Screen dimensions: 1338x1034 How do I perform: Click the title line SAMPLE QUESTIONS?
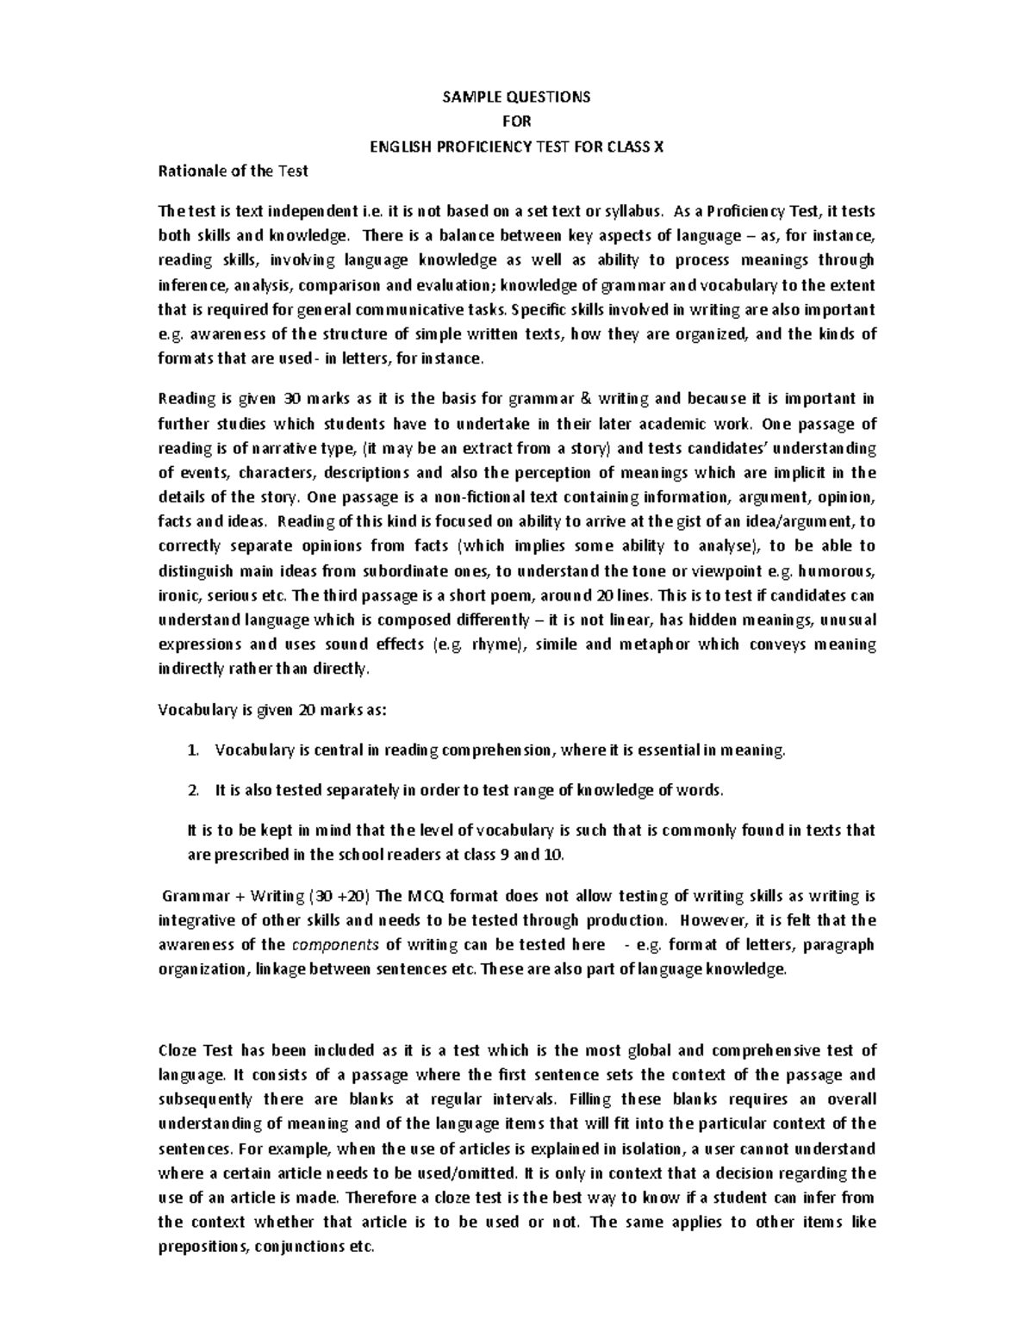click(516, 96)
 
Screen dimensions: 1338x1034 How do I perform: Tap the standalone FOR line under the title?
click(517, 121)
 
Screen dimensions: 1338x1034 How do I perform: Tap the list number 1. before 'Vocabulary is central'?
click(193, 750)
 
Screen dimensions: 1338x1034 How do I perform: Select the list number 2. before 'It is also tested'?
click(193, 790)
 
